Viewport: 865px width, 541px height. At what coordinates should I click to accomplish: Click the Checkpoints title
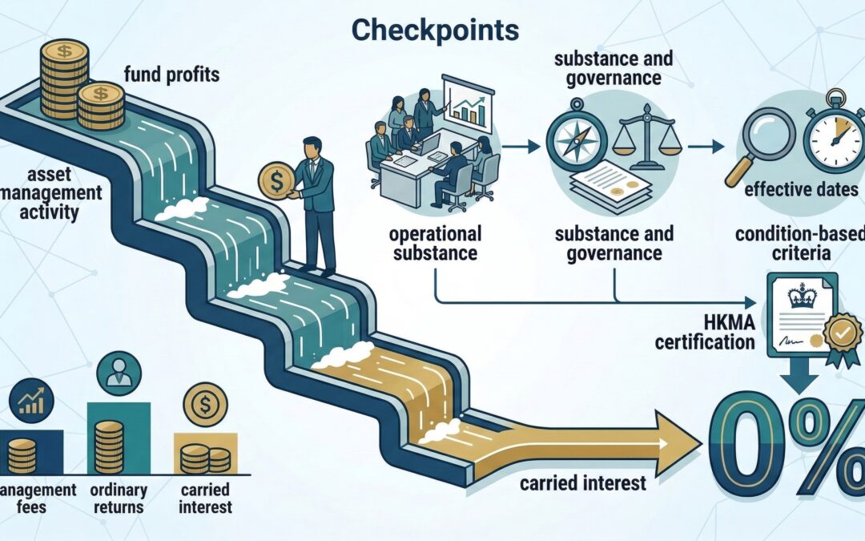435,30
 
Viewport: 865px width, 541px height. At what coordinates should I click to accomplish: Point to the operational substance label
435,243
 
